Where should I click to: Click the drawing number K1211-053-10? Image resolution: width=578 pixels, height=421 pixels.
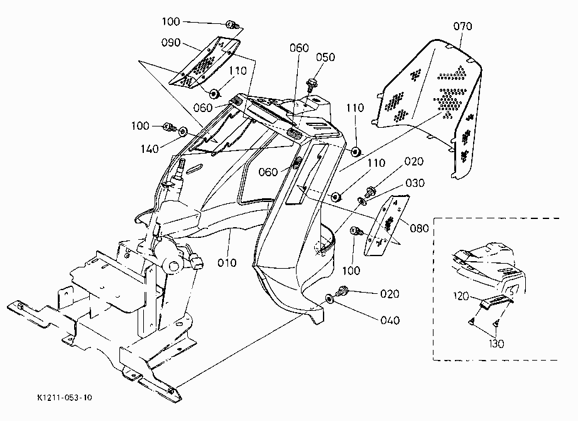pyautogui.click(x=65, y=398)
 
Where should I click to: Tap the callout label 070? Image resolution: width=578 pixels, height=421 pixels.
pyautogui.click(x=462, y=26)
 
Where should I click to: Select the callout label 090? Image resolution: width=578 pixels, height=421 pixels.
pyautogui.click(x=171, y=42)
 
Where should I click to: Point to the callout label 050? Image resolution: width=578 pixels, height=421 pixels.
pyautogui.click(x=325, y=57)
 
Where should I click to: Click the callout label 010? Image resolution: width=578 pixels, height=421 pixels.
pyautogui.click(x=227, y=263)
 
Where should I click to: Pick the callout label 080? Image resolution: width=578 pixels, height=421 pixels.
pyautogui.click(x=420, y=228)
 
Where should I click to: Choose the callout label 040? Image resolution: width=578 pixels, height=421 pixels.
pyautogui.click(x=390, y=320)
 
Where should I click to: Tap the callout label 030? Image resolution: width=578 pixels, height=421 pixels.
pyautogui.click(x=415, y=183)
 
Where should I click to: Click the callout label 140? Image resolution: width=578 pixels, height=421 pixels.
pyautogui.click(x=150, y=149)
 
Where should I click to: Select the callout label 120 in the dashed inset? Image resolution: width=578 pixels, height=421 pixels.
pyautogui.click(x=461, y=296)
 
